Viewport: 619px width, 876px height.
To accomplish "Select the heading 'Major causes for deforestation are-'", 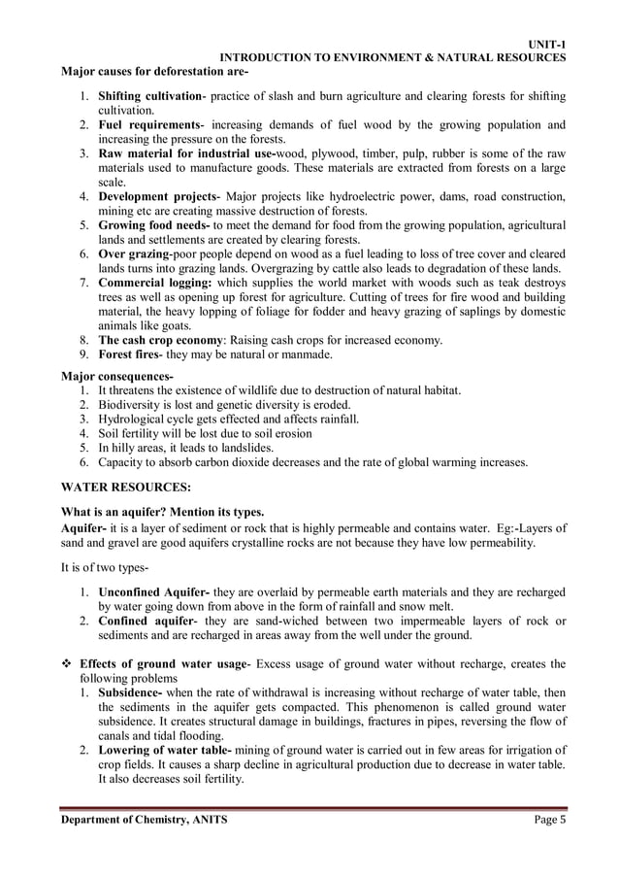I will [155, 71].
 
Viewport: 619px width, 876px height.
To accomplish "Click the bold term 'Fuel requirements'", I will [147, 125].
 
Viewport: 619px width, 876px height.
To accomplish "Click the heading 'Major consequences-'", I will [117, 376].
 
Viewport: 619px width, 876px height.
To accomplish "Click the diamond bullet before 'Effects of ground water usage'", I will [66, 664].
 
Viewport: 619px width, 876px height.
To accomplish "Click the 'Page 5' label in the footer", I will [550, 820].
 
